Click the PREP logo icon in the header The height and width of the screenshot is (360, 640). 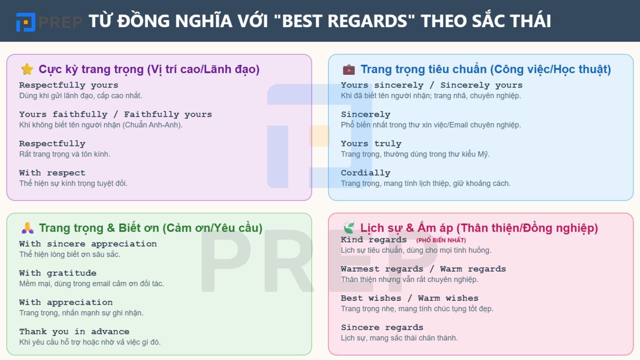click(26, 22)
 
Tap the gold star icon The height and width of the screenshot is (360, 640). click(27, 69)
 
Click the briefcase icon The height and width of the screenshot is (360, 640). click(349, 70)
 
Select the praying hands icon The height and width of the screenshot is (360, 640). click(27, 228)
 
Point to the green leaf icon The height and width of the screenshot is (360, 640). click(349, 228)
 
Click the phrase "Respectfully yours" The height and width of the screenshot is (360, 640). click(68, 85)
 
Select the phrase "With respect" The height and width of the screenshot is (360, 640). click(52, 173)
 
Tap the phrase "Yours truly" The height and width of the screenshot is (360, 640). click(371, 144)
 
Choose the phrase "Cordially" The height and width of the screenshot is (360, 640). click(365, 173)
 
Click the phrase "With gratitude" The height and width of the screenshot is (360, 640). click(58, 273)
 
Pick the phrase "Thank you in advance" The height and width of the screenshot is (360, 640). click(74, 332)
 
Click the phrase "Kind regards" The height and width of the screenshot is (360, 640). click(374, 240)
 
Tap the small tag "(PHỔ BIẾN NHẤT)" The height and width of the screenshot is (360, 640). click(441, 240)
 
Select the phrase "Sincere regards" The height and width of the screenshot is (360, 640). click(382, 328)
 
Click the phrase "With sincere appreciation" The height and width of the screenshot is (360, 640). click(88, 244)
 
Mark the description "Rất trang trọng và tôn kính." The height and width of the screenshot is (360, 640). click(64, 154)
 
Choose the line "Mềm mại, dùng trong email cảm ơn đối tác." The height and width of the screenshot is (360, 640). click(91, 284)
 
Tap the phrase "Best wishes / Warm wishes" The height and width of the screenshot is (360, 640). click(409, 298)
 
